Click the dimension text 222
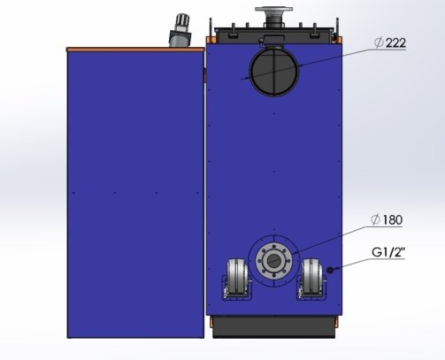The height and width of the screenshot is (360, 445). point(395,43)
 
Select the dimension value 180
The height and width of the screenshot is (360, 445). point(392,219)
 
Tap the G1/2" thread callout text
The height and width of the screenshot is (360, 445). point(388,252)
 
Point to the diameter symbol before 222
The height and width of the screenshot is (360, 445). point(380,43)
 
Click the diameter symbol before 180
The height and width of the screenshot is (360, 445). point(375,219)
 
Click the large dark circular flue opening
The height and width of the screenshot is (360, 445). point(274,72)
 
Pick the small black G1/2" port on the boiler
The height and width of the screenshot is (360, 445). point(330,270)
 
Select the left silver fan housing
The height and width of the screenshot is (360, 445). point(237,278)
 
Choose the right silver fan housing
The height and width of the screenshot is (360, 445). point(312,278)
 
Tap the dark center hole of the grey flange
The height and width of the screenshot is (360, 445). point(274,261)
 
